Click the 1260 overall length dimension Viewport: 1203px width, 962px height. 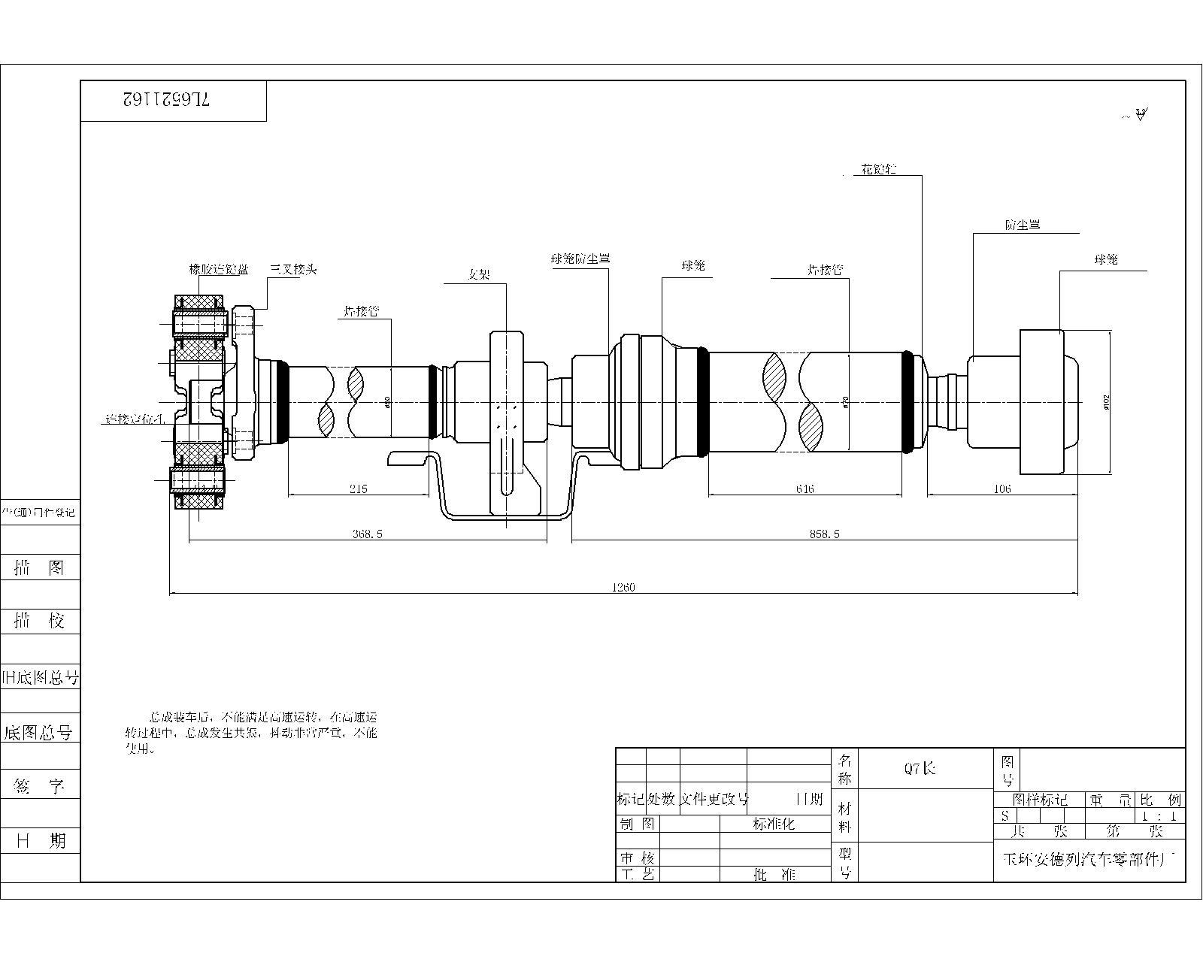click(x=623, y=588)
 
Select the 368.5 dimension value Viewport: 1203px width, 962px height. click(x=368, y=534)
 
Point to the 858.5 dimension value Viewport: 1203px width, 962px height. click(x=825, y=534)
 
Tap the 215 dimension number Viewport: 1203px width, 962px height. click(x=358, y=489)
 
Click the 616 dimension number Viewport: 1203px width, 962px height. click(x=805, y=489)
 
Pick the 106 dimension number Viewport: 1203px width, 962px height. click(x=1002, y=489)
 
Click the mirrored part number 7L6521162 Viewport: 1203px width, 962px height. click(x=166, y=100)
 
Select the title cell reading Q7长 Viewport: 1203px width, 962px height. click(x=920, y=768)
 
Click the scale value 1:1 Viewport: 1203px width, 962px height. click(x=1158, y=815)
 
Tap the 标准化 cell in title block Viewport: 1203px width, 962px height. click(x=774, y=824)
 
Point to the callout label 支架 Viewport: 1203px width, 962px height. click(x=479, y=275)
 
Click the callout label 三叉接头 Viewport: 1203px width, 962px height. click(x=293, y=269)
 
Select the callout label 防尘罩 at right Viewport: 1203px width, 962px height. click(x=1023, y=225)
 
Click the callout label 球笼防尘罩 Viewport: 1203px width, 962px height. click(x=580, y=259)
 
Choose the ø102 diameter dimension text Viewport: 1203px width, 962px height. click(x=1107, y=403)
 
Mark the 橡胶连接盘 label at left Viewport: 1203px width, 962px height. click(x=218, y=269)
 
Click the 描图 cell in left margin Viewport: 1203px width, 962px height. click(x=40, y=568)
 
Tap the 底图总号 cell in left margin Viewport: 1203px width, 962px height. click(x=39, y=733)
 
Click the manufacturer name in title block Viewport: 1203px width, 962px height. click(x=1089, y=860)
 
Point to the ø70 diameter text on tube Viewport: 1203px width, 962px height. click(x=847, y=403)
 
